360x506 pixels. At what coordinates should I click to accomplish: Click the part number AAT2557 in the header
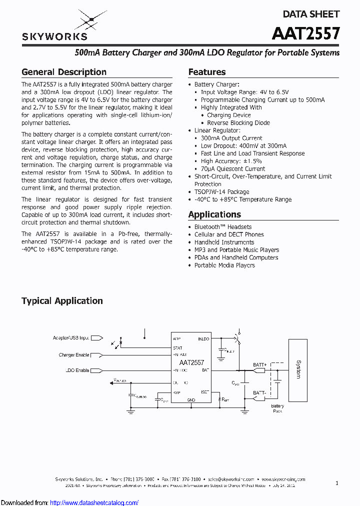click(305, 33)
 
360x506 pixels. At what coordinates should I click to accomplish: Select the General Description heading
click(63, 72)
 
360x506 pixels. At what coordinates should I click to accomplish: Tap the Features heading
click(206, 72)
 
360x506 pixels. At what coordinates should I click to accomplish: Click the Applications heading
click(214, 214)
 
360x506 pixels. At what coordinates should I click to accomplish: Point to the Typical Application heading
click(62, 301)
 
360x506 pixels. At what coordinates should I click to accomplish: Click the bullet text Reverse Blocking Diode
click(238, 122)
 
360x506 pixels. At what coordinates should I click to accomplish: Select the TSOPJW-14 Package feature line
click(221, 191)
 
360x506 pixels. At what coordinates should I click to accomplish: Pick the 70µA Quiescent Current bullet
click(232, 168)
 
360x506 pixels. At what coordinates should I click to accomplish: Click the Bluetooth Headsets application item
click(222, 227)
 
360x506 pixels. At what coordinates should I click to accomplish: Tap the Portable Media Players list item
click(224, 265)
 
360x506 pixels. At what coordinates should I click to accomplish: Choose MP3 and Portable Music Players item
click(236, 250)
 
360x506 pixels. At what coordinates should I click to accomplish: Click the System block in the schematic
click(298, 369)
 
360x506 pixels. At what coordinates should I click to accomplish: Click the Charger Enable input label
click(73, 355)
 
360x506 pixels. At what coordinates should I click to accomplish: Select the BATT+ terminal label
click(259, 365)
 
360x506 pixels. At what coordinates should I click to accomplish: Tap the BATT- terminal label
click(259, 393)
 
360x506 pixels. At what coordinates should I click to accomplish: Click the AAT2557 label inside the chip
click(191, 362)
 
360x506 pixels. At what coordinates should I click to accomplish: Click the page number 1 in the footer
click(337, 483)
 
